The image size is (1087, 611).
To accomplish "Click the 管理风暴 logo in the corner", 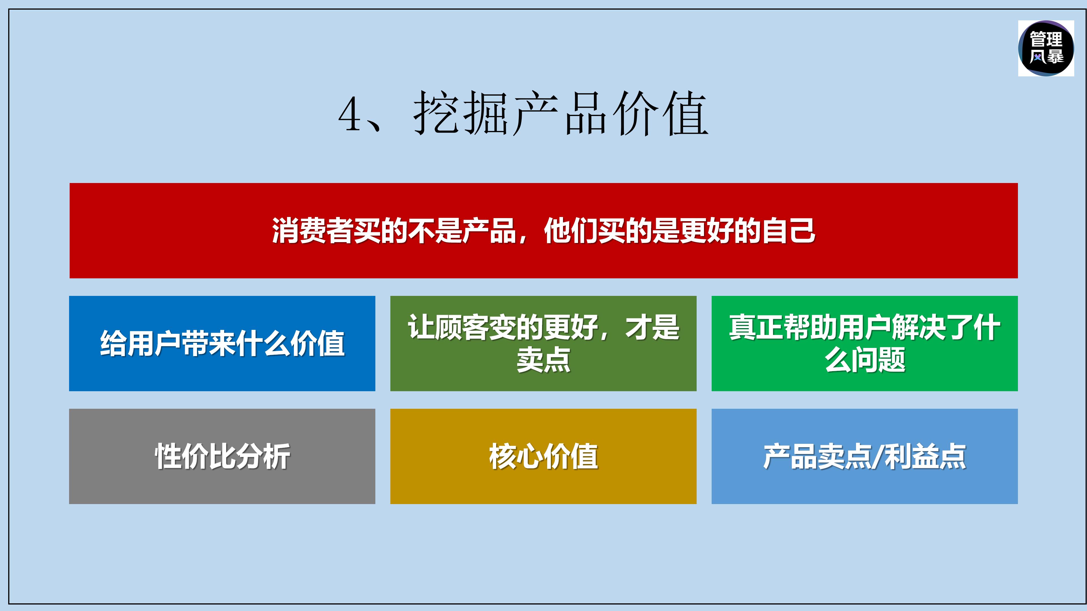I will coord(1046,48).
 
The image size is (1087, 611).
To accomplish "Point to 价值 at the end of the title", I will coord(660,113).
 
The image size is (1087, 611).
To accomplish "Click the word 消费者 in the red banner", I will coord(312,231).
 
